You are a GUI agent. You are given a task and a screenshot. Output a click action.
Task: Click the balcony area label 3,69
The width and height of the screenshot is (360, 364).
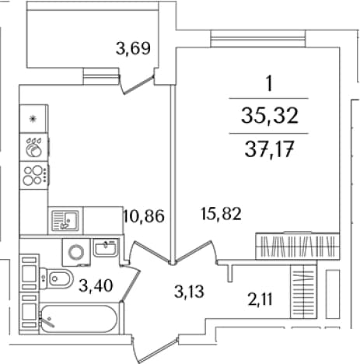pos(133,48)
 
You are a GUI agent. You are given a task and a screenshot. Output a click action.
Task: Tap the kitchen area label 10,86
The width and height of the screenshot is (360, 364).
pos(144,216)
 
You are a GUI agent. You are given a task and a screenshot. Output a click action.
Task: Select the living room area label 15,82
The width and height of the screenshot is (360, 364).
pos(221,214)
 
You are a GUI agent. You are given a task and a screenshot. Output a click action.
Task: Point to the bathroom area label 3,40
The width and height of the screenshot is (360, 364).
pos(96,285)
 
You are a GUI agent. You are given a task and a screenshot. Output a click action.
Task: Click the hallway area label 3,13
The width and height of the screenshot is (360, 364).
pos(189,292)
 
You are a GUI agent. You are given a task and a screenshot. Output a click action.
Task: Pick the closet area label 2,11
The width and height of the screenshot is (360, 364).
pos(260,299)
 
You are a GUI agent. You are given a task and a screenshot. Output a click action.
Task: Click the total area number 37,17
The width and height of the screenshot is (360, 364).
pos(269,149)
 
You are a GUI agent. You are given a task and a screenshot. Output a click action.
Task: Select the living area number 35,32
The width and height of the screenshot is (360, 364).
pos(270,115)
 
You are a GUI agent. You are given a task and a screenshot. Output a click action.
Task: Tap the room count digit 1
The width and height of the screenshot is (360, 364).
pos(269,83)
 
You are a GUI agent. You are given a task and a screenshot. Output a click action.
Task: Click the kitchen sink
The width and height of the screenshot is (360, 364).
pos(65,220)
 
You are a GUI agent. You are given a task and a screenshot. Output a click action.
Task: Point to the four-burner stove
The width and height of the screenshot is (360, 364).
pos(34,175)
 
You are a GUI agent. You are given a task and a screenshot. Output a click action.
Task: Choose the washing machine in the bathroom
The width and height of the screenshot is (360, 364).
pos(76,252)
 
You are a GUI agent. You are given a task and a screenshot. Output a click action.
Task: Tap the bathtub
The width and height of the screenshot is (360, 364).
pos(79,318)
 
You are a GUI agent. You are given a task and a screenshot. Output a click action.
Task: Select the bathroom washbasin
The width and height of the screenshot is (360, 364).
pos(106,248)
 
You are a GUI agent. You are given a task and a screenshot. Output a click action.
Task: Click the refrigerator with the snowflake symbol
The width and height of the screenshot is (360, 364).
pos(33,119)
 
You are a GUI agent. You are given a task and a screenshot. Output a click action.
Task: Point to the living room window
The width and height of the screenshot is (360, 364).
pos(258,39)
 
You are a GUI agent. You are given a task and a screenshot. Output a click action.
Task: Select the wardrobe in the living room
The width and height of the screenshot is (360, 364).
pos(297,246)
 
